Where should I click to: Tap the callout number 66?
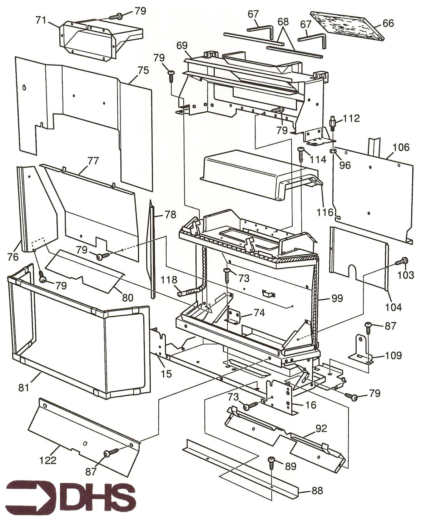coord(388,23)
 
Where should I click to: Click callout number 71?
coord(41,20)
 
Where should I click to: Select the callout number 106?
coord(401,147)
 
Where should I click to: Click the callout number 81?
coord(24,387)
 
